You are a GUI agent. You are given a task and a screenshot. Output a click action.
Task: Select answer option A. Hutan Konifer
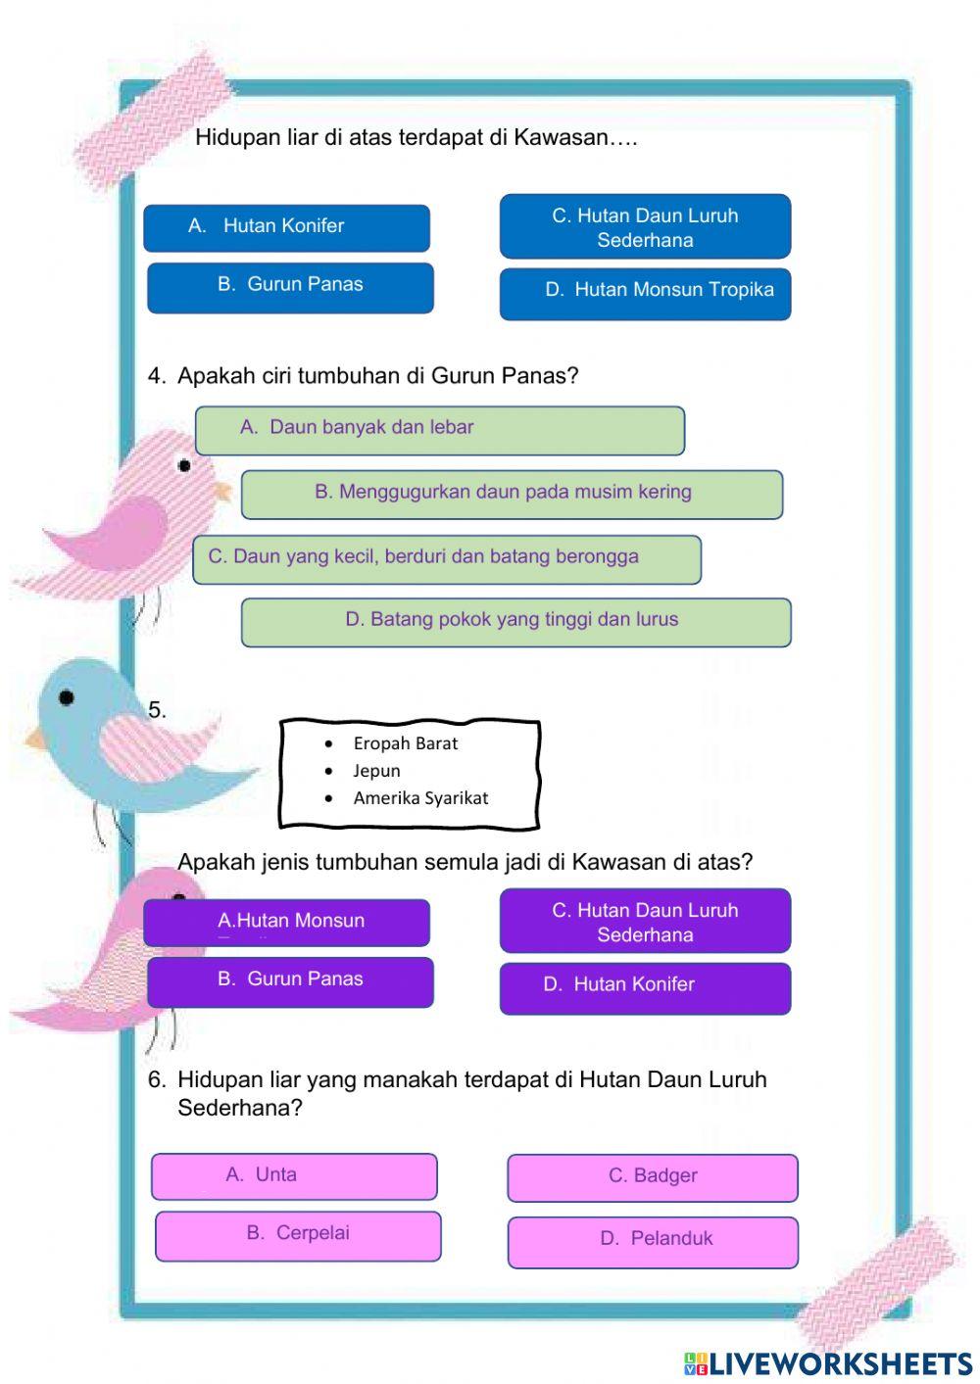(286, 227)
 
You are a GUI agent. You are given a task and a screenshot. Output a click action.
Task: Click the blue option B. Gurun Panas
(290, 286)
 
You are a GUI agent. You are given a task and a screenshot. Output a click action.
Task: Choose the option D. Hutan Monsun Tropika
(645, 292)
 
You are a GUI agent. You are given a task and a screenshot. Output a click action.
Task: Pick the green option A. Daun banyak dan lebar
(439, 429)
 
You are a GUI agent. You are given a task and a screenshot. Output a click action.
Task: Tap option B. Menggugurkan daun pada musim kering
(512, 494)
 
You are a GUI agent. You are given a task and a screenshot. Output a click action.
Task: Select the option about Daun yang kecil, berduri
(446, 558)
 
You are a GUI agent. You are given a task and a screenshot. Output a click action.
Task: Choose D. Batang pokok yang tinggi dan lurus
(515, 621)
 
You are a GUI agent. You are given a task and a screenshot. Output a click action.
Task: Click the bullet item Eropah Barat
(405, 743)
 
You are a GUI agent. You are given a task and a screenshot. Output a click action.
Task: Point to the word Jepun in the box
(376, 771)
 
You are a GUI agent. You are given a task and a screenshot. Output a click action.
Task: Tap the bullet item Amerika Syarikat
(420, 798)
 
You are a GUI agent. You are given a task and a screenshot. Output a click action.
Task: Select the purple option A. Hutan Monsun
(286, 922)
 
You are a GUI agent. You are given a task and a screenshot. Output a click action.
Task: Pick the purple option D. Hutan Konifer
(645, 986)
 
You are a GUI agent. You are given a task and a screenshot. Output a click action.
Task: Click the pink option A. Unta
(294, 1175)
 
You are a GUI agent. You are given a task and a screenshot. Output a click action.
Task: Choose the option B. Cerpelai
(298, 1235)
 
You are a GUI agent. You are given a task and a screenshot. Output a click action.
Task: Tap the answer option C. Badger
(653, 1177)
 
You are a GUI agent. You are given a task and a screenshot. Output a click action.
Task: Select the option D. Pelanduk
(653, 1240)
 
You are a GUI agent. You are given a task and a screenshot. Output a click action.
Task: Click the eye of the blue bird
(66, 697)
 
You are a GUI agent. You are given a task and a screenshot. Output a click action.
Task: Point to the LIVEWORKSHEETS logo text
(828, 1363)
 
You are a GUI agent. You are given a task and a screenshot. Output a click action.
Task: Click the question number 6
(157, 1079)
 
